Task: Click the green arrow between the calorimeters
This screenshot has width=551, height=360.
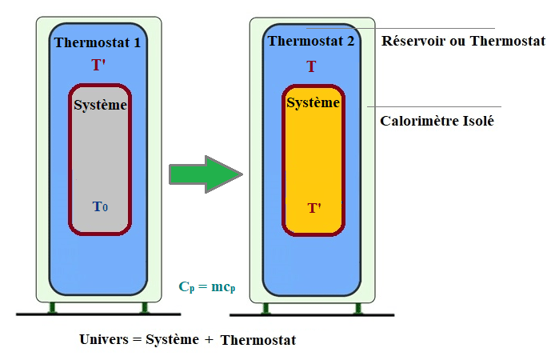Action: coord(204,174)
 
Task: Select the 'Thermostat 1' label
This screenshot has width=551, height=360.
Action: coord(98,42)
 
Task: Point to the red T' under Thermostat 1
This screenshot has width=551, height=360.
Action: coord(98,65)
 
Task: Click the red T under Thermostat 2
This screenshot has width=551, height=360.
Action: coord(311,66)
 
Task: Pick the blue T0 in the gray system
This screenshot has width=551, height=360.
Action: coord(100,206)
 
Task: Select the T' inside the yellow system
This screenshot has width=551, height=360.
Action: coord(314,208)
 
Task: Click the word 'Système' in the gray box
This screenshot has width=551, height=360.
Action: coord(100,105)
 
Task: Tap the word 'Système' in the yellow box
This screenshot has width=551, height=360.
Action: coord(313,103)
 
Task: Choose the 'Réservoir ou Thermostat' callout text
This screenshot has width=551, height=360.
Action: coord(464,41)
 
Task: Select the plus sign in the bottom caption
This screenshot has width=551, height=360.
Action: coord(209,339)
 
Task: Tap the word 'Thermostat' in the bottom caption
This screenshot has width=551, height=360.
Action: coord(258,340)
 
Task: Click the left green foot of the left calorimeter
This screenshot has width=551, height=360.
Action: coord(52,307)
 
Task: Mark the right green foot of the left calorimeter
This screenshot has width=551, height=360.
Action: coord(145,307)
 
